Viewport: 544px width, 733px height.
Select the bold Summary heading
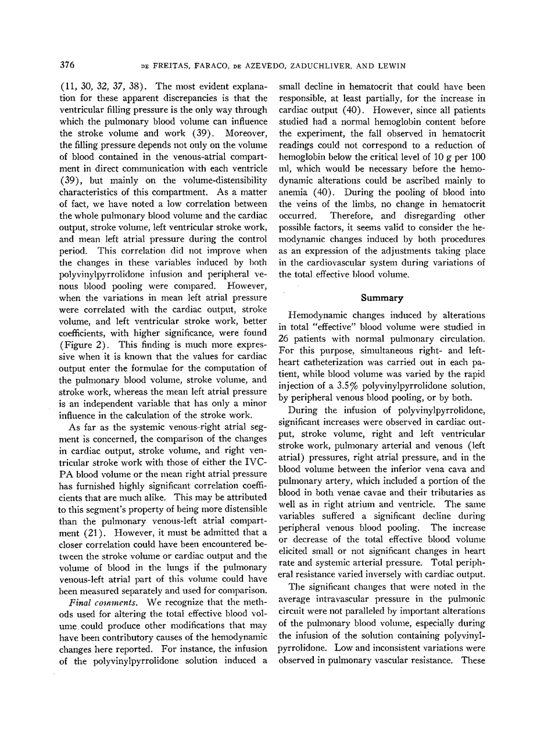382,298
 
